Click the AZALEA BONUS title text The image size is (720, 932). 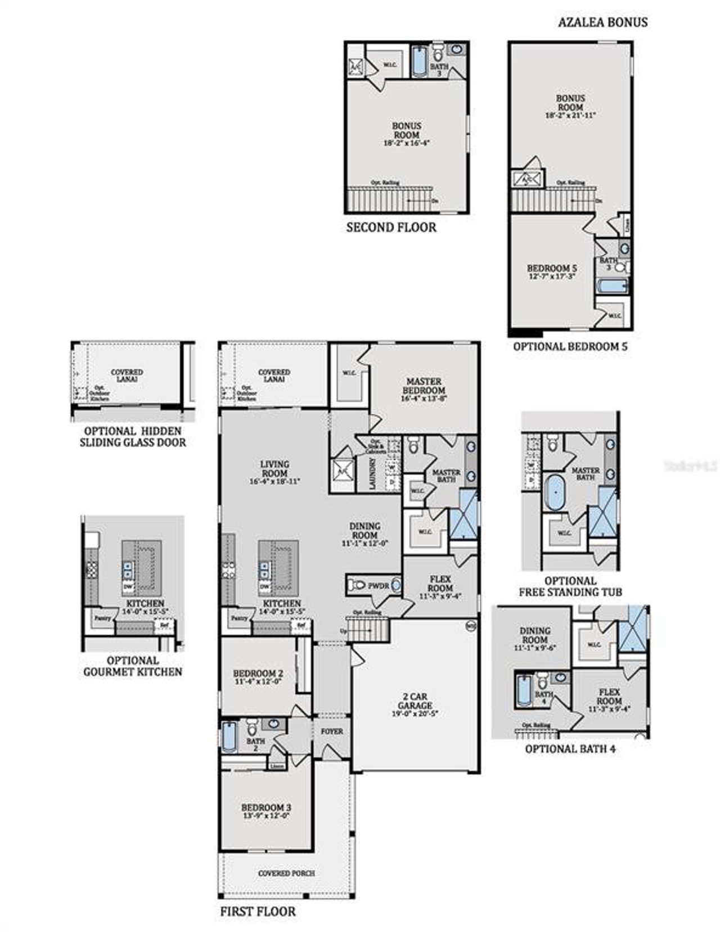pyautogui.click(x=602, y=22)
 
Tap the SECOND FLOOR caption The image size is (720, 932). pyautogui.click(x=391, y=228)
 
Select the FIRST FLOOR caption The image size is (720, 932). pyautogui.click(x=258, y=911)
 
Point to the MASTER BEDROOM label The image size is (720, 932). pyautogui.click(x=424, y=386)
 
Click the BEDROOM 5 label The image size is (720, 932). pyautogui.click(x=551, y=268)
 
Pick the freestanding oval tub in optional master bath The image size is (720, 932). pyautogui.click(x=556, y=493)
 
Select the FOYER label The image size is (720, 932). pyautogui.click(x=332, y=732)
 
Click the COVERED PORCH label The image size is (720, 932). pyautogui.click(x=286, y=874)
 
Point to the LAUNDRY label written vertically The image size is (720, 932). pyautogui.click(x=372, y=473)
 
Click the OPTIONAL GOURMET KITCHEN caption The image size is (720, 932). pyautogui.click(x=133, y=666)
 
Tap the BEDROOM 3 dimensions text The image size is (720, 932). pyautogui.click(x=266, y=816)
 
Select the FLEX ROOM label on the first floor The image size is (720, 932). pyautogui.click(x=440, y=583)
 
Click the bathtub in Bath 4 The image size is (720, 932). pyautogui.click(x=523, y=690)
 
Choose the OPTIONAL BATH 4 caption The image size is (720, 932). pyautogui.click(x=570, y=749)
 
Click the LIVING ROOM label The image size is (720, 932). pyautogui.click(x=275, y=468)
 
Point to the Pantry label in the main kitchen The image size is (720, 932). pyautogui.click(x=238, y=618)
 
